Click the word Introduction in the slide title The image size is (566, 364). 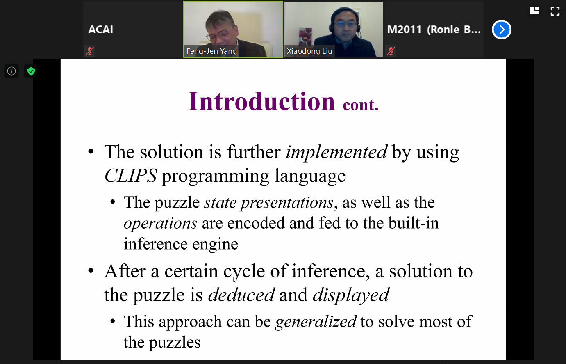261,102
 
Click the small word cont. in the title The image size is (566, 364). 361,105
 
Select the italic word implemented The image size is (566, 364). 336,152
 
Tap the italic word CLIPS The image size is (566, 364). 131,176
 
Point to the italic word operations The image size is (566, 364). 160,223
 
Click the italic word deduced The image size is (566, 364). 241,295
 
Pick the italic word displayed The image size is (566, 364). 351,295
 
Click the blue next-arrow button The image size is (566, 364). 502,30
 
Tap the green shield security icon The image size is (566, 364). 31,71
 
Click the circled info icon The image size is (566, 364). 11,71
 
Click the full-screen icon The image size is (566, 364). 555,11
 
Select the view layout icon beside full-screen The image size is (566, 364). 534,11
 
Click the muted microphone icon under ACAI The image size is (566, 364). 90,51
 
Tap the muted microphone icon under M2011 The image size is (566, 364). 391,51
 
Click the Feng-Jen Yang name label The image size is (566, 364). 211,51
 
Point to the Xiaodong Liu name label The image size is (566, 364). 309,51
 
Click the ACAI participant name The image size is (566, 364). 100,30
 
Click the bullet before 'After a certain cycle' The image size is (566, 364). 91,271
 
